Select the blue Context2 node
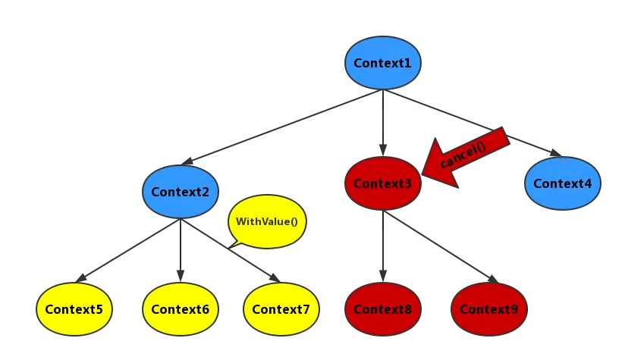pyautogui.click(x=180, y=191)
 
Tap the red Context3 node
pyautogui.click(x=382, y=183)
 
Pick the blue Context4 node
pyautogui.click(x=562, y=183)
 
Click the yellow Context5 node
pyautogui.click(x=74, y=309)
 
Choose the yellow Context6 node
pyautogui.click(x=180, y=309)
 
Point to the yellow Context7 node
pyautogui.click(x=281, y=309)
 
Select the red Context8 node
pyautogui.click(x=382, y=309)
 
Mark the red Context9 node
pyautogui.click(x=488, y=309)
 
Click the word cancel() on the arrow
pyautogui.click(x=463, y=155)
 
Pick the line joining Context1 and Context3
pyautogui.click(x=385, y=121)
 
